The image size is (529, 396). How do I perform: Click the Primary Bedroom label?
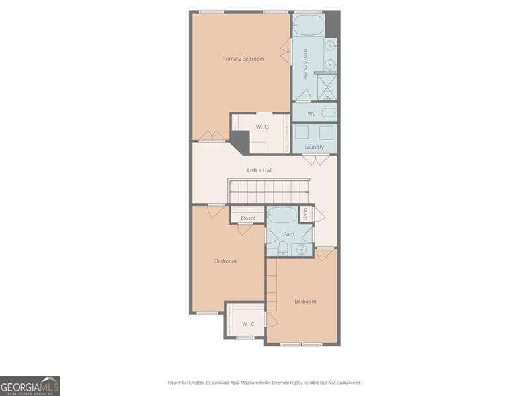coord(243,59)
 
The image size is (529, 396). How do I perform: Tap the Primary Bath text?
coord(306,65)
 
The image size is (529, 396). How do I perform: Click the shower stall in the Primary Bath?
coord(327,86)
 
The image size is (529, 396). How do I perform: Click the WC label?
coord(311,114)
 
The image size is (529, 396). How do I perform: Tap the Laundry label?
coord(314,147)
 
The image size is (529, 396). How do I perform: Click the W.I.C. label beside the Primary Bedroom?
coord(263,126)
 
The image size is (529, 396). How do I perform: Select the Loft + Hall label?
coord(260,170)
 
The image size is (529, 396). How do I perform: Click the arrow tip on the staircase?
coord(307,191)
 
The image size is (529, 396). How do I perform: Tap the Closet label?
coord(247,218)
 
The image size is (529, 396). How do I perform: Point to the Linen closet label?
coord(305,214)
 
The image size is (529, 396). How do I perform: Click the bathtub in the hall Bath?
coord(282,215)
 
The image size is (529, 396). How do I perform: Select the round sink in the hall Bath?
coord(302,249)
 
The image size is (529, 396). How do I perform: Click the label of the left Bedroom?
coord(225,261)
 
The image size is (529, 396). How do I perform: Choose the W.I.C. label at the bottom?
coord(249,323)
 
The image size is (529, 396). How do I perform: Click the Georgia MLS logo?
coord(30,385)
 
